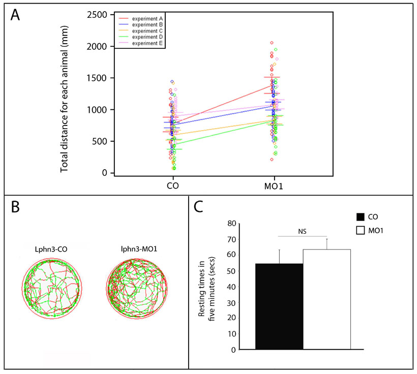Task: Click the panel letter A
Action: tap(17, 15)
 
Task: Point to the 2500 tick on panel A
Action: tap(96, 15)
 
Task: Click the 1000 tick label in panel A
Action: tap(96, 110)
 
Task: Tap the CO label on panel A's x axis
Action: tap(172, 186)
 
